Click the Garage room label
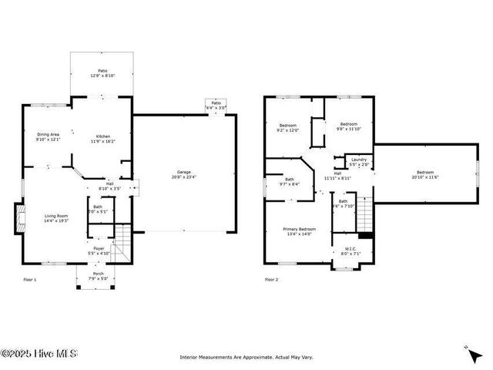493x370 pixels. tap(183, 174)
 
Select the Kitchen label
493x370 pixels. tap(102, 139)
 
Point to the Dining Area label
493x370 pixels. tap(48, 136)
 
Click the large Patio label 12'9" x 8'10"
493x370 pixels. tap(102, 73)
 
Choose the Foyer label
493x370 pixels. tap(99, 251)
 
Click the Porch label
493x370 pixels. tap(99, 276)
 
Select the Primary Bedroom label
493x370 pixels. tap(299, 231)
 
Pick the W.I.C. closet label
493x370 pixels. tap(350, 251)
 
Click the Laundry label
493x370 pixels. tap(359, 161)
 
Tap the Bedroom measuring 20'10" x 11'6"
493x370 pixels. tap(425, 174)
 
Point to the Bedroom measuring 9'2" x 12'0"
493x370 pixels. tap(288, 127)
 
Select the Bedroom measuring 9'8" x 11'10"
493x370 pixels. tap(349, 126)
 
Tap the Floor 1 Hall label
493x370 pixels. tap(110, 186)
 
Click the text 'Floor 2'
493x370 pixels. tap(272, 279)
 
